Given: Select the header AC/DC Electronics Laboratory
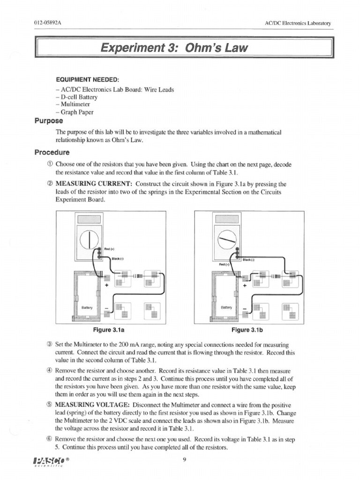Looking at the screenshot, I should point(298,23).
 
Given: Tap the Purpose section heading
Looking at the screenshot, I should point(48,120).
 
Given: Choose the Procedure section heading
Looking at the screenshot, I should point(52,152).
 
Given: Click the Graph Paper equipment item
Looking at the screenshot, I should point(75,112).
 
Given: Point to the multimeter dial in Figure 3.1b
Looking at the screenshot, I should point(226,241).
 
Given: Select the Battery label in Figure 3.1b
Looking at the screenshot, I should point(227,307).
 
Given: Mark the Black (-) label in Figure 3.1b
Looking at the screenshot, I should point(248,259).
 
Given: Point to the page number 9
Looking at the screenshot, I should point(185,459).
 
